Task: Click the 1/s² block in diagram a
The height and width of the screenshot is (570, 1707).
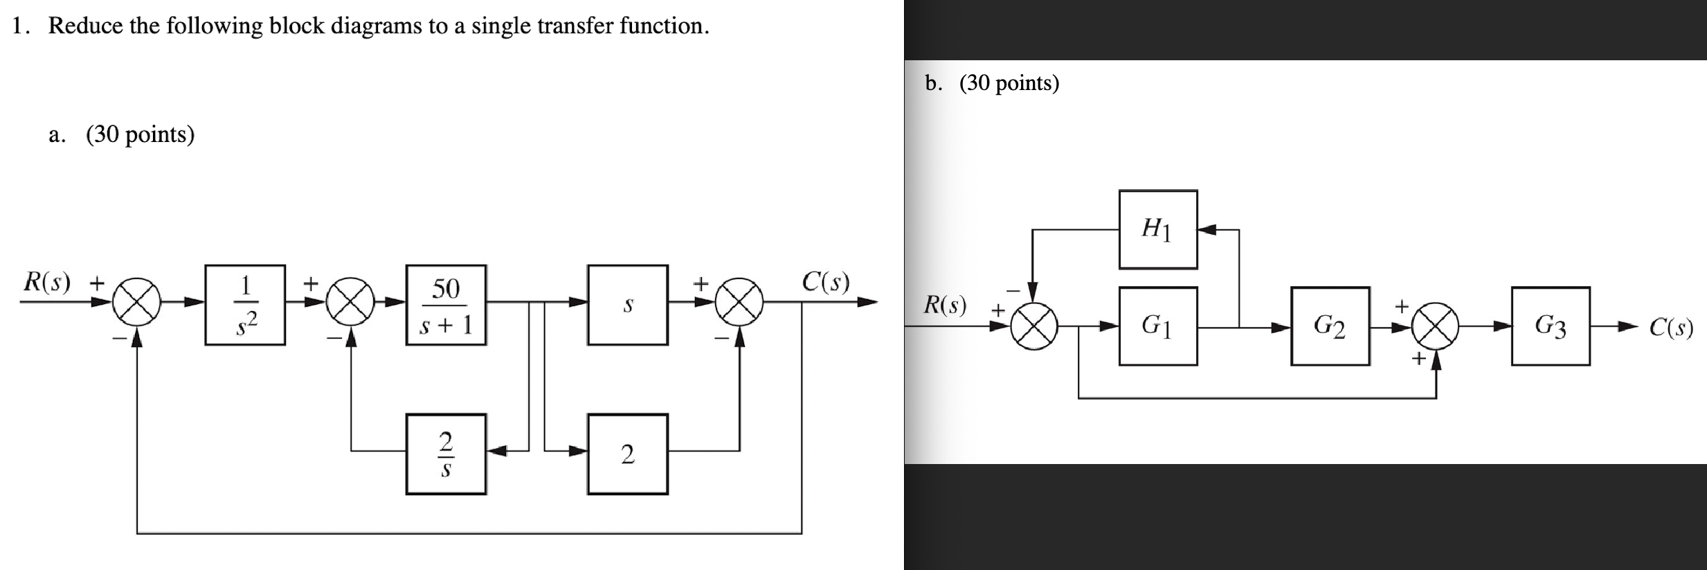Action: coord(245,305)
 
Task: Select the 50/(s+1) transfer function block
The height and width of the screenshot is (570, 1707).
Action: coord(446,305)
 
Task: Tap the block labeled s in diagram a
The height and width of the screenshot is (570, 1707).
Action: coord(627,305)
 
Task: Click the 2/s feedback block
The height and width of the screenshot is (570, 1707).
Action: coord(446,454)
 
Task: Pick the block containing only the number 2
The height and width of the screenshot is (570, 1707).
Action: coord(627,454)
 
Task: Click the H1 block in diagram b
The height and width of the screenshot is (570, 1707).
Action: coord(1157,229)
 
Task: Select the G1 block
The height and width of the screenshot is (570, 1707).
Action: coord(1157,326)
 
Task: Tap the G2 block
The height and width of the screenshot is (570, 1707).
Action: coord(1329,326)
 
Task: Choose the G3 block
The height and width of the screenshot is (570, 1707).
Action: coord(1550,326)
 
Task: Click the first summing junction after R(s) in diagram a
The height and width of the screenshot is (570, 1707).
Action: coord(137,302)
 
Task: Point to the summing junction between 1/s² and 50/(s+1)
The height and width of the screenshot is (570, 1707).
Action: coord(351,302)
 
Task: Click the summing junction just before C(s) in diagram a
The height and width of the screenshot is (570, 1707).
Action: coord(739,302)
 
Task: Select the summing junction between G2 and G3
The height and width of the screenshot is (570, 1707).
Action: coord(1436,326)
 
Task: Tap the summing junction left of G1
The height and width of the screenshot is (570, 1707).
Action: coord(1033,326)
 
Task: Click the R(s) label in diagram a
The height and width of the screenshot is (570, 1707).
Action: coord(47,282)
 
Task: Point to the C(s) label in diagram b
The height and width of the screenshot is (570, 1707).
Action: coord(1670,327)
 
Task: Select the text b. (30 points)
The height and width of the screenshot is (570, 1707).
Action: coord(992,83)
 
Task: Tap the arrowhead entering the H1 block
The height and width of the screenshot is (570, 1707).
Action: coord(1207,230)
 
